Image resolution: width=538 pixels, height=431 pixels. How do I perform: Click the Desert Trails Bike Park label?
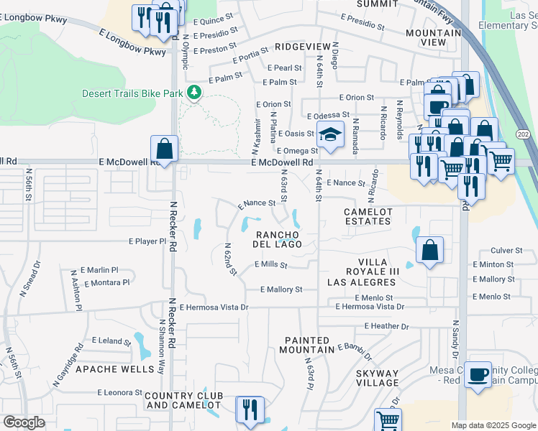click(132, 93)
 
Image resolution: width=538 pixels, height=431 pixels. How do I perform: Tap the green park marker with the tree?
click(193, 93)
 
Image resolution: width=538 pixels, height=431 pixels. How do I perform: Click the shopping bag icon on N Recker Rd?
click(165, 150)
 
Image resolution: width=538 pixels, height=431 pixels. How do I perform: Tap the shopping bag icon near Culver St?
click(429, 251)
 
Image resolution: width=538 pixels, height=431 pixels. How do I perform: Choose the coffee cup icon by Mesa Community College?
click(478, 375)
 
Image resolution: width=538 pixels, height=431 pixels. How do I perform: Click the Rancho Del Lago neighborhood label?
click(277, 238)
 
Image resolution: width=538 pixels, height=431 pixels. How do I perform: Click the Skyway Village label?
click(377, 379)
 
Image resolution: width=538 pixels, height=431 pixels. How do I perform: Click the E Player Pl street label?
click(147, 241)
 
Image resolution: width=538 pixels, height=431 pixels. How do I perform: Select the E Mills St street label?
click(270, 265)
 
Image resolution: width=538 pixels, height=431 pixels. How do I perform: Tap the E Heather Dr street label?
click(386, 326)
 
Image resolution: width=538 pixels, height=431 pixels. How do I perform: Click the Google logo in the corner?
click(24, 422)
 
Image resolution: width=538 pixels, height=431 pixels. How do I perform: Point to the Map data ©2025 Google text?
click(493, 425)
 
